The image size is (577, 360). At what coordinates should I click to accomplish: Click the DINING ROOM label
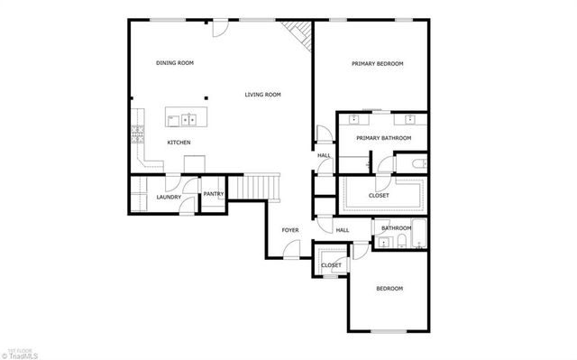175,63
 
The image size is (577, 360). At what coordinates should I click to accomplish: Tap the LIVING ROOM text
263,95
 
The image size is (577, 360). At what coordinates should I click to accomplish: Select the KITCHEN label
179,143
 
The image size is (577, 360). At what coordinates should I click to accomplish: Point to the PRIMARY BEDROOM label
377,64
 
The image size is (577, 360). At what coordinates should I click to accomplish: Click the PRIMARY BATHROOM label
383,138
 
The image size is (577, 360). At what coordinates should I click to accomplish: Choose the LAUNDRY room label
169,198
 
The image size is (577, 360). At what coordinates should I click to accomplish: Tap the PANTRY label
214,194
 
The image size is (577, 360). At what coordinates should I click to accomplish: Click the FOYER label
290,231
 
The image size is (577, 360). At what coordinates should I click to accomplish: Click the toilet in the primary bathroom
417,163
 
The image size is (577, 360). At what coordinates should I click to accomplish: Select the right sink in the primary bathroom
408,118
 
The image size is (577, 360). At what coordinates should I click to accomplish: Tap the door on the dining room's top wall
218,29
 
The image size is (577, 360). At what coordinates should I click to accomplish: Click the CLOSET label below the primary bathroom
379,196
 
